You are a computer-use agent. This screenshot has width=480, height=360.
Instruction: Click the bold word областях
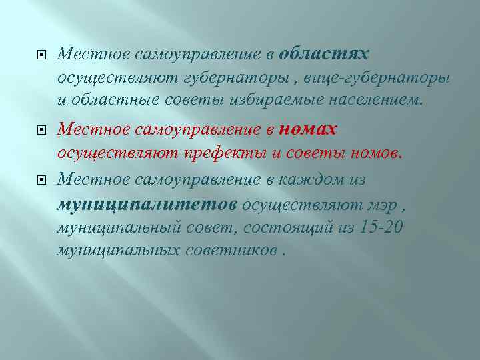pos(325,53)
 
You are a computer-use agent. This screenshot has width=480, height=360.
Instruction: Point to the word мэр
pos(384,204)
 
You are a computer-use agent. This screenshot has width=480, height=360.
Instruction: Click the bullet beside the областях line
pos(41,54)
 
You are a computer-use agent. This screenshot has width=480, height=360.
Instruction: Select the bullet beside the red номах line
pos(41,130)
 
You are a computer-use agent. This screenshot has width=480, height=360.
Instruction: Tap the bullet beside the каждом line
pos(41,179)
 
